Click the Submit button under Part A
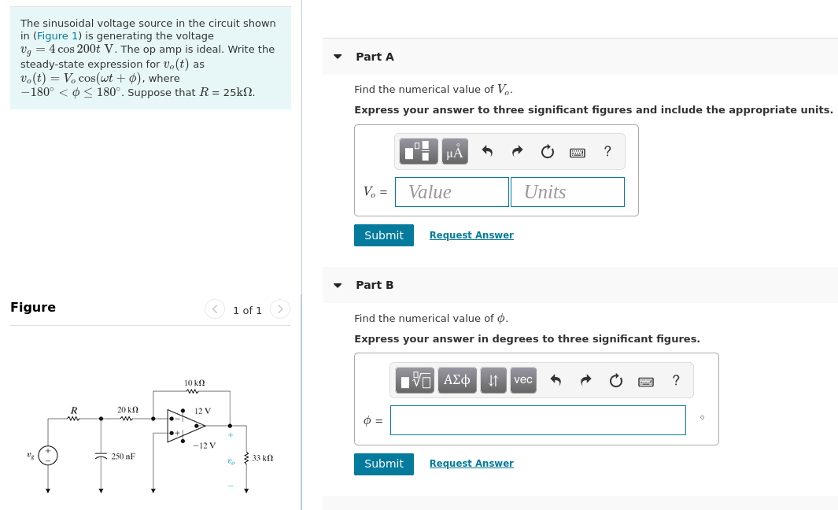point(383,235)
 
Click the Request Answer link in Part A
point(471,235)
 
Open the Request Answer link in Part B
point(471,464)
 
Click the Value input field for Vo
point(452,192)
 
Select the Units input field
point(567,192)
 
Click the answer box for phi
point(537,420)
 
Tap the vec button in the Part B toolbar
point(523,380)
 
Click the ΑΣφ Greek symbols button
point(457,380)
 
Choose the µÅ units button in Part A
point(455,151)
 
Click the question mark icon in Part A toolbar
point(607,151)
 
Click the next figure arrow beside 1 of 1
point(279,309)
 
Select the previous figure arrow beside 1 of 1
point(215,309)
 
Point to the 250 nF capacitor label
point(123,456)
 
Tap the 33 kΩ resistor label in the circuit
point(263,457)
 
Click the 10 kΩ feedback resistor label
point(194,382)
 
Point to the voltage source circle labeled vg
point(48,456)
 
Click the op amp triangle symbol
point(185,426)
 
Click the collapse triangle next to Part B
point(338,285)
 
